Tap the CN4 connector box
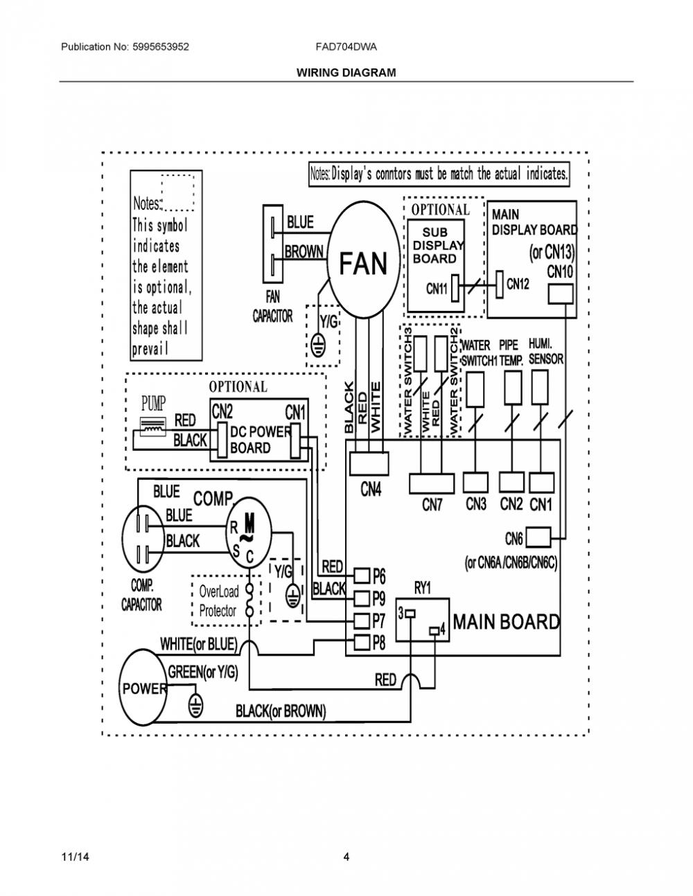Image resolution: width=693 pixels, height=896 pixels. (x=369, y=463)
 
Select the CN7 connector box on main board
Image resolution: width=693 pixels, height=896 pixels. (x=432, y=483)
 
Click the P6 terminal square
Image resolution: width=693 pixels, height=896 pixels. (x=362, y=575)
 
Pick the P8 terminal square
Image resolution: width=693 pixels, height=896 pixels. (x=362, y=642)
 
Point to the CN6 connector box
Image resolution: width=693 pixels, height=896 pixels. (x=538, y=538)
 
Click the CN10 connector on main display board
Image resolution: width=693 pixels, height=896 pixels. (x=561, y=294)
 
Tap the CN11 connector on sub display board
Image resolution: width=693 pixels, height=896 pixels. (x=455, y=288)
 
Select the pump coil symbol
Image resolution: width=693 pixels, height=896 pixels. (x=153, y=427)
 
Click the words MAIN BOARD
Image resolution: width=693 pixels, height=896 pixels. (x=507, y=621)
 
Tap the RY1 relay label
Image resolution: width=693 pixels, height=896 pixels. (x=423, y=589)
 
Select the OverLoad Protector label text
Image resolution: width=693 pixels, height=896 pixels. (x=218, y=601)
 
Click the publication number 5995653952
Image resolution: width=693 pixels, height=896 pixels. (x=161, y=46)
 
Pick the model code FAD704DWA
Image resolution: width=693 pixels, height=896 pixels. (x=346, y=46)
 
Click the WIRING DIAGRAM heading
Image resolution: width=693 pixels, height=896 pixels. (x=346, y=73)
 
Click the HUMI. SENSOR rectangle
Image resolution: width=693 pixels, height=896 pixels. (x=540, y=387)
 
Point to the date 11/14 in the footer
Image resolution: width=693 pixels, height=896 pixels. (x=75, y=857)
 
